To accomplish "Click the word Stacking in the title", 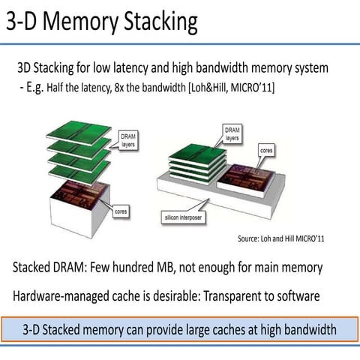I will pyautogui.click(x=157, y=22).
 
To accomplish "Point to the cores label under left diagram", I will pyautogui.click(x=119, y=212).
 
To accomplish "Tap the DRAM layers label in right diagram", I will pyautogui.click(x=232, y=133).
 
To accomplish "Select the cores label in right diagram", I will pyautogui.click(x=265, y=150).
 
